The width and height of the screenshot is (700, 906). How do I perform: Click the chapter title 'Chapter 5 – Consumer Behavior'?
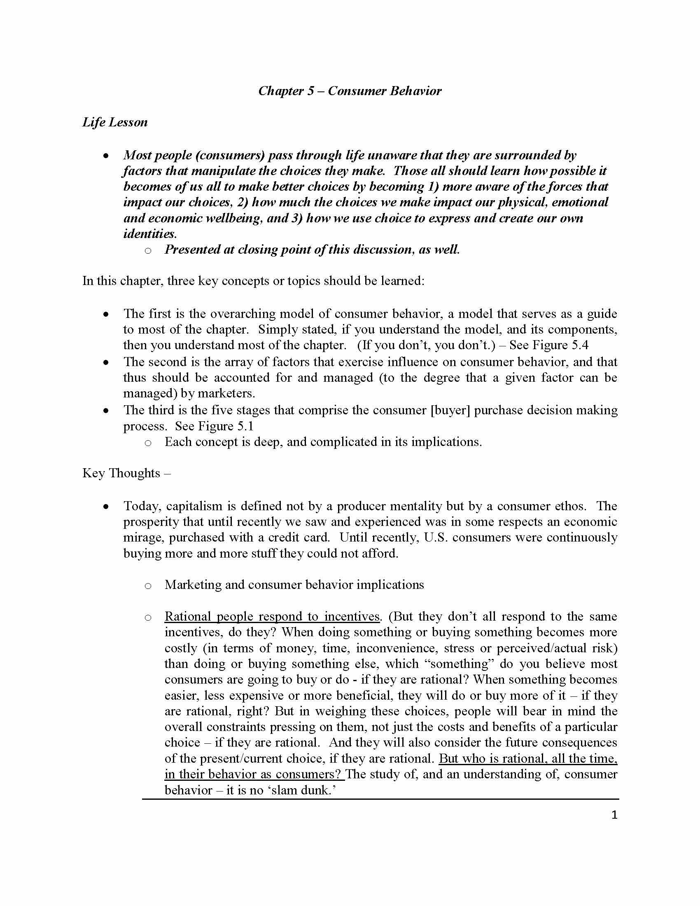coord(350,91)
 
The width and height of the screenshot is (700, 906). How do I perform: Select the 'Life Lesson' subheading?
coord(115,122)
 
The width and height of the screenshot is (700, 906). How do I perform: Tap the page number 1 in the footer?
coord(614,815)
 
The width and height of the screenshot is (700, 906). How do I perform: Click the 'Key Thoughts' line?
coord(126,473)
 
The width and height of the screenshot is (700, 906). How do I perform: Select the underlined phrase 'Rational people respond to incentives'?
coord(272,616)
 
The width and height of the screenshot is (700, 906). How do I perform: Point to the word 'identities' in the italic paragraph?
coord(149,234)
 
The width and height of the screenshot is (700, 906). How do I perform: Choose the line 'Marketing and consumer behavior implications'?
coord(294,585)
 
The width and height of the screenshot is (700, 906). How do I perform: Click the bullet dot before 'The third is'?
coord(107,411)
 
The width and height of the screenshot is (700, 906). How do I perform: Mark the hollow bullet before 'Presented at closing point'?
coord(148,250)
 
